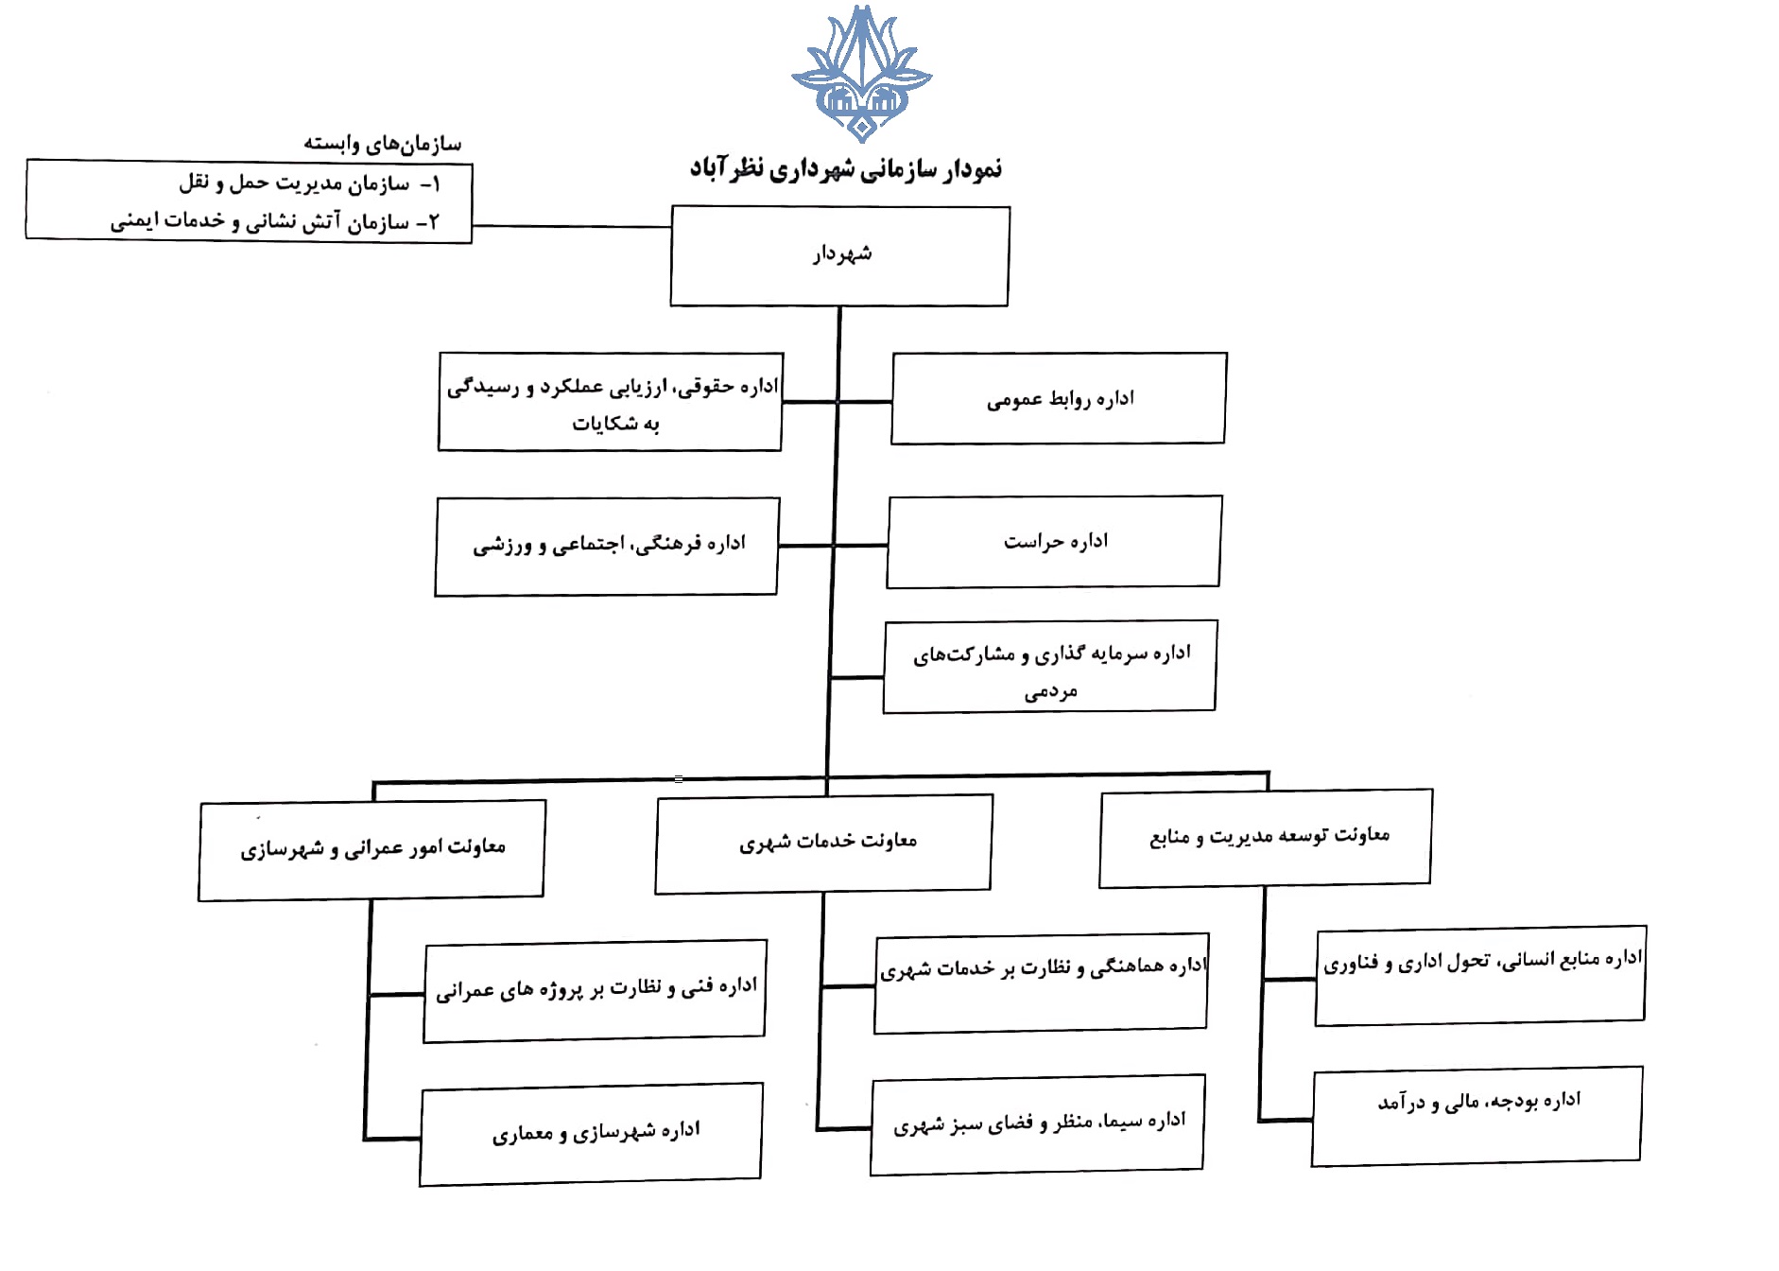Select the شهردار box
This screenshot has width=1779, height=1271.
tap(839, 255)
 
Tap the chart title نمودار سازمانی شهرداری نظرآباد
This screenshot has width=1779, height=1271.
tap(845, 169)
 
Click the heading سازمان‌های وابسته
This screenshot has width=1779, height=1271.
tap(382, 143)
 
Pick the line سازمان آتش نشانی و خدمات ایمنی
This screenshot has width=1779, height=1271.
tap(274, 221)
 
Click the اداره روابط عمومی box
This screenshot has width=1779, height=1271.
tap(1059, 398)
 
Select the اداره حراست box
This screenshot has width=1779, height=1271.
tap(1054, 541)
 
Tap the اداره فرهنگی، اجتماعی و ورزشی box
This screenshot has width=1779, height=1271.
tap(607, 546)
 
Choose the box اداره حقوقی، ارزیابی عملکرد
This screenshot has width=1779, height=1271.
tap(611, 402)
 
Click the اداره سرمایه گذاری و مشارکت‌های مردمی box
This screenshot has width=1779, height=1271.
tap(1049, 667)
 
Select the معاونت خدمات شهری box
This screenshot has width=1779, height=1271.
tap(823, 843)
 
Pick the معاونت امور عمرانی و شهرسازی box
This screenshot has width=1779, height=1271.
tap(371, 849)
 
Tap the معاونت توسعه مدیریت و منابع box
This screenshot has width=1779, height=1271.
tap(1266, 837)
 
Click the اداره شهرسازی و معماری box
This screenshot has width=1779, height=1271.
tap(592, 1133)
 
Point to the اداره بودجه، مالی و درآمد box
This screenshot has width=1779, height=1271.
tap(1477, 1116)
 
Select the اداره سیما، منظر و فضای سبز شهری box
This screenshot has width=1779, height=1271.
tap(1037, 1123)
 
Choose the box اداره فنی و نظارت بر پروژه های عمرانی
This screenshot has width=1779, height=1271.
tap(595, 990)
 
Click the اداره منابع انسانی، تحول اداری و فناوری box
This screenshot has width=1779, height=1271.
tap(1480, 974)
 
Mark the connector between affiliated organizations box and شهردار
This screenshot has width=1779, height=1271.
tap(571, 226)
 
